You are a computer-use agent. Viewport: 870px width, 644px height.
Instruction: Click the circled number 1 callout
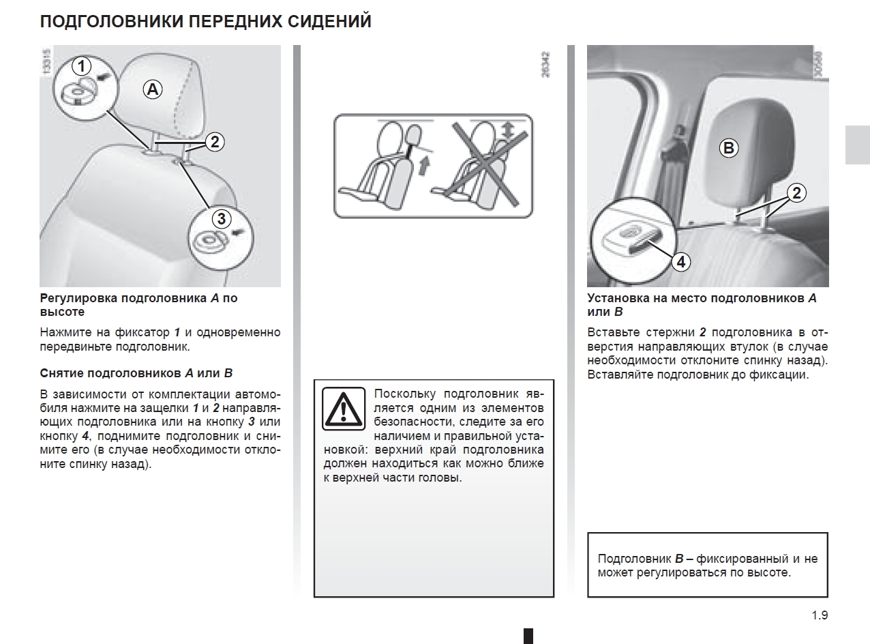[82, 66]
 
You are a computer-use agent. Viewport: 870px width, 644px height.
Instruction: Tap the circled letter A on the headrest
[153, 89]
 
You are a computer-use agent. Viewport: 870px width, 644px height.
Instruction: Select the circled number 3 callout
[221, 218]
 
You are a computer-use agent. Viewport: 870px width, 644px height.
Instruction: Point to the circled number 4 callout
[680, 261]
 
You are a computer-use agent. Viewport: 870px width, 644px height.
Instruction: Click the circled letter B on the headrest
[729, 148]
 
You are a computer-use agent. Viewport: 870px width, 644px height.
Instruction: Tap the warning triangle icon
[344, 411]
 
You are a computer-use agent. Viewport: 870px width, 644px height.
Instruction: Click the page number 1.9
[820, 615]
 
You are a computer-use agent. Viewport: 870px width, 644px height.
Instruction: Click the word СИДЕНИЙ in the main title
[333, 22]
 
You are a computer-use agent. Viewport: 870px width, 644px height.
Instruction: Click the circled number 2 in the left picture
[214, 142]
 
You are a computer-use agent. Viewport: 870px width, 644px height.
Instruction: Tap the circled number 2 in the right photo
[795, 192]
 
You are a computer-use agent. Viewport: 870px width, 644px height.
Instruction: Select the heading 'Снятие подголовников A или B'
[136, 373]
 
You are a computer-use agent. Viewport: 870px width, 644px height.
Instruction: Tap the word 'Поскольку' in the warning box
[405, 394]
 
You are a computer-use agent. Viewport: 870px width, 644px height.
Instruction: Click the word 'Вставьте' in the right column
[610, 332]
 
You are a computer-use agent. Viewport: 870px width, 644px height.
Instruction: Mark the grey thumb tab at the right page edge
[857, 145]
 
